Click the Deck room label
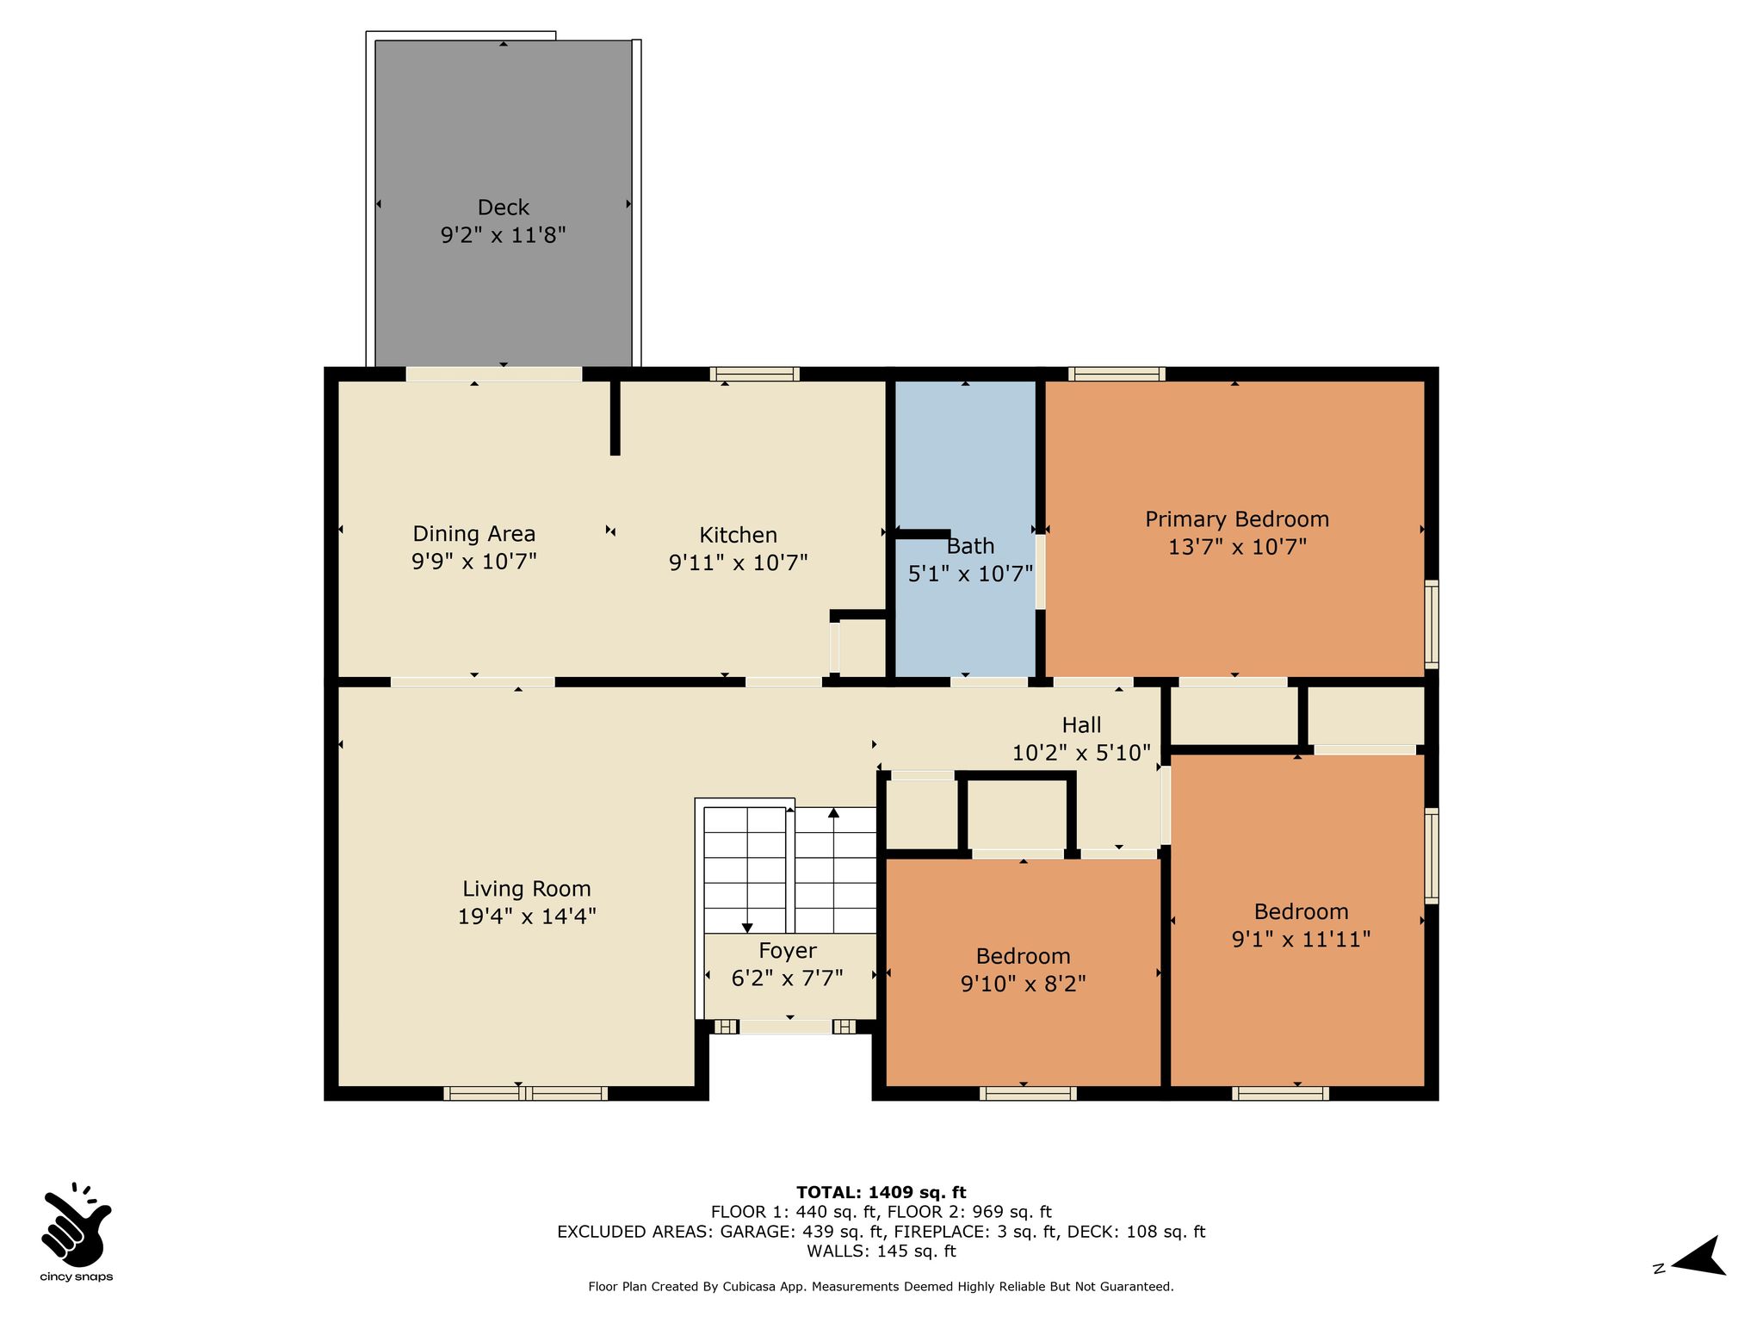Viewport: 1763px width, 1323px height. tap(504, 208)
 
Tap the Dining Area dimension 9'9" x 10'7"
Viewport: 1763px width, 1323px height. tap(474, 562)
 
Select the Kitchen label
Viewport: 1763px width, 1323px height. tap(739, 535)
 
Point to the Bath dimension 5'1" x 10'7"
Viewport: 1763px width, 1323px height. tap(970, 574)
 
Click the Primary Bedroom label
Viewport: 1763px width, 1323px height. tap(1237, 519)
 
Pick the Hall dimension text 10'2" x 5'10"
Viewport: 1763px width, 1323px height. tap(1081, 753)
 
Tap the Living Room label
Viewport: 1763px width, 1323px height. tap(527, 889)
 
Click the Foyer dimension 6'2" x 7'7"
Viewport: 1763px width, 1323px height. tap(787, 978)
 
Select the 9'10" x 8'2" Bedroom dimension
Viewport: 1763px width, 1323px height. tap(1024, 984)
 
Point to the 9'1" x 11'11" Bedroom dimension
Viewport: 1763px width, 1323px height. tap(1301, 939)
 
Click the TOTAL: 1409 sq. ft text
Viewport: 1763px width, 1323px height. tap(881, 1192)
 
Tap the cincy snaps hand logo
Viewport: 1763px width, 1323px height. tap(76, 1222)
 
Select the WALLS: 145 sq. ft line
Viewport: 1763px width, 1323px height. tap(881, 1251)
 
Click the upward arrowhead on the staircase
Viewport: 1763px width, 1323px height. tap(833, 812)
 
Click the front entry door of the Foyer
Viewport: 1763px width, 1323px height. tap(786, 1026)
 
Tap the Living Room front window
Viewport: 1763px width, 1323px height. tap(526, 1093)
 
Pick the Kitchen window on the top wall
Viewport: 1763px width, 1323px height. tap(755, 374)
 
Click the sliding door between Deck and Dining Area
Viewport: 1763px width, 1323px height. tap(494, 374)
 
